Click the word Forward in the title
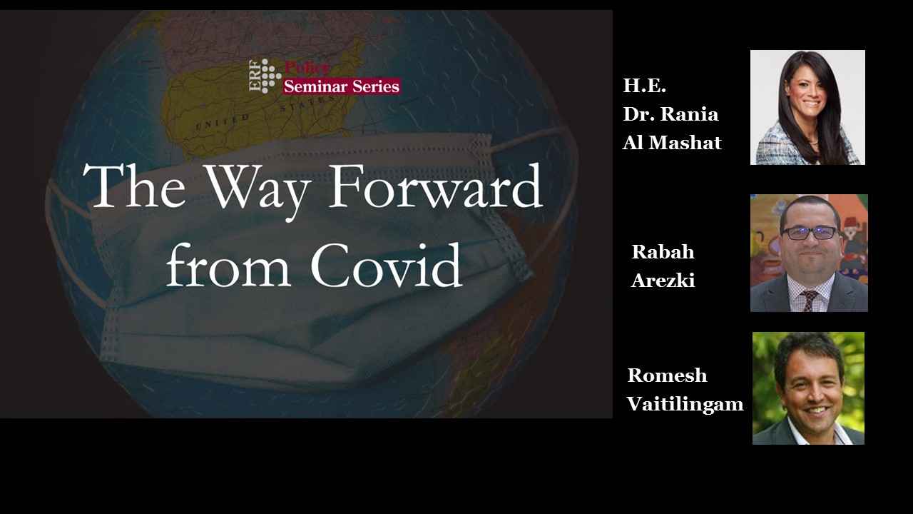click(x=435, y=186)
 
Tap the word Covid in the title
click(x=387, y=265)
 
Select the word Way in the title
click(x=255, y=192)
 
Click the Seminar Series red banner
click(x=342, y=86)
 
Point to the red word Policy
click(x=307, y=68)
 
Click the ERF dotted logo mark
click(x=265, y=76)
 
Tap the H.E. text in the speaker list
click(x=644, y=86)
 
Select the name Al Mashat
click(x=672, y=143)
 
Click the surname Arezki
click(x=663, y=281)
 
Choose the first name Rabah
click(x=663, y=252)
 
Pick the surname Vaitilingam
click(x=685, y=405)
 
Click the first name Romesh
click(x=667, y=376)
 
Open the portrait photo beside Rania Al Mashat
click(x=807, y=107)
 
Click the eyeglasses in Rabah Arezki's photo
click(x=810, y=233)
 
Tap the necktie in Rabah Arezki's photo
click(x=808, y=299)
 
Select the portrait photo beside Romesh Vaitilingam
click(x=808, y=388)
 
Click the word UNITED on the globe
click(x=223, y=122)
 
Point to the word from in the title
click(x=228, y=265)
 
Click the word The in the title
click(x=135, y=186)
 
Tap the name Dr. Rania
click(x=670, y=114)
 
